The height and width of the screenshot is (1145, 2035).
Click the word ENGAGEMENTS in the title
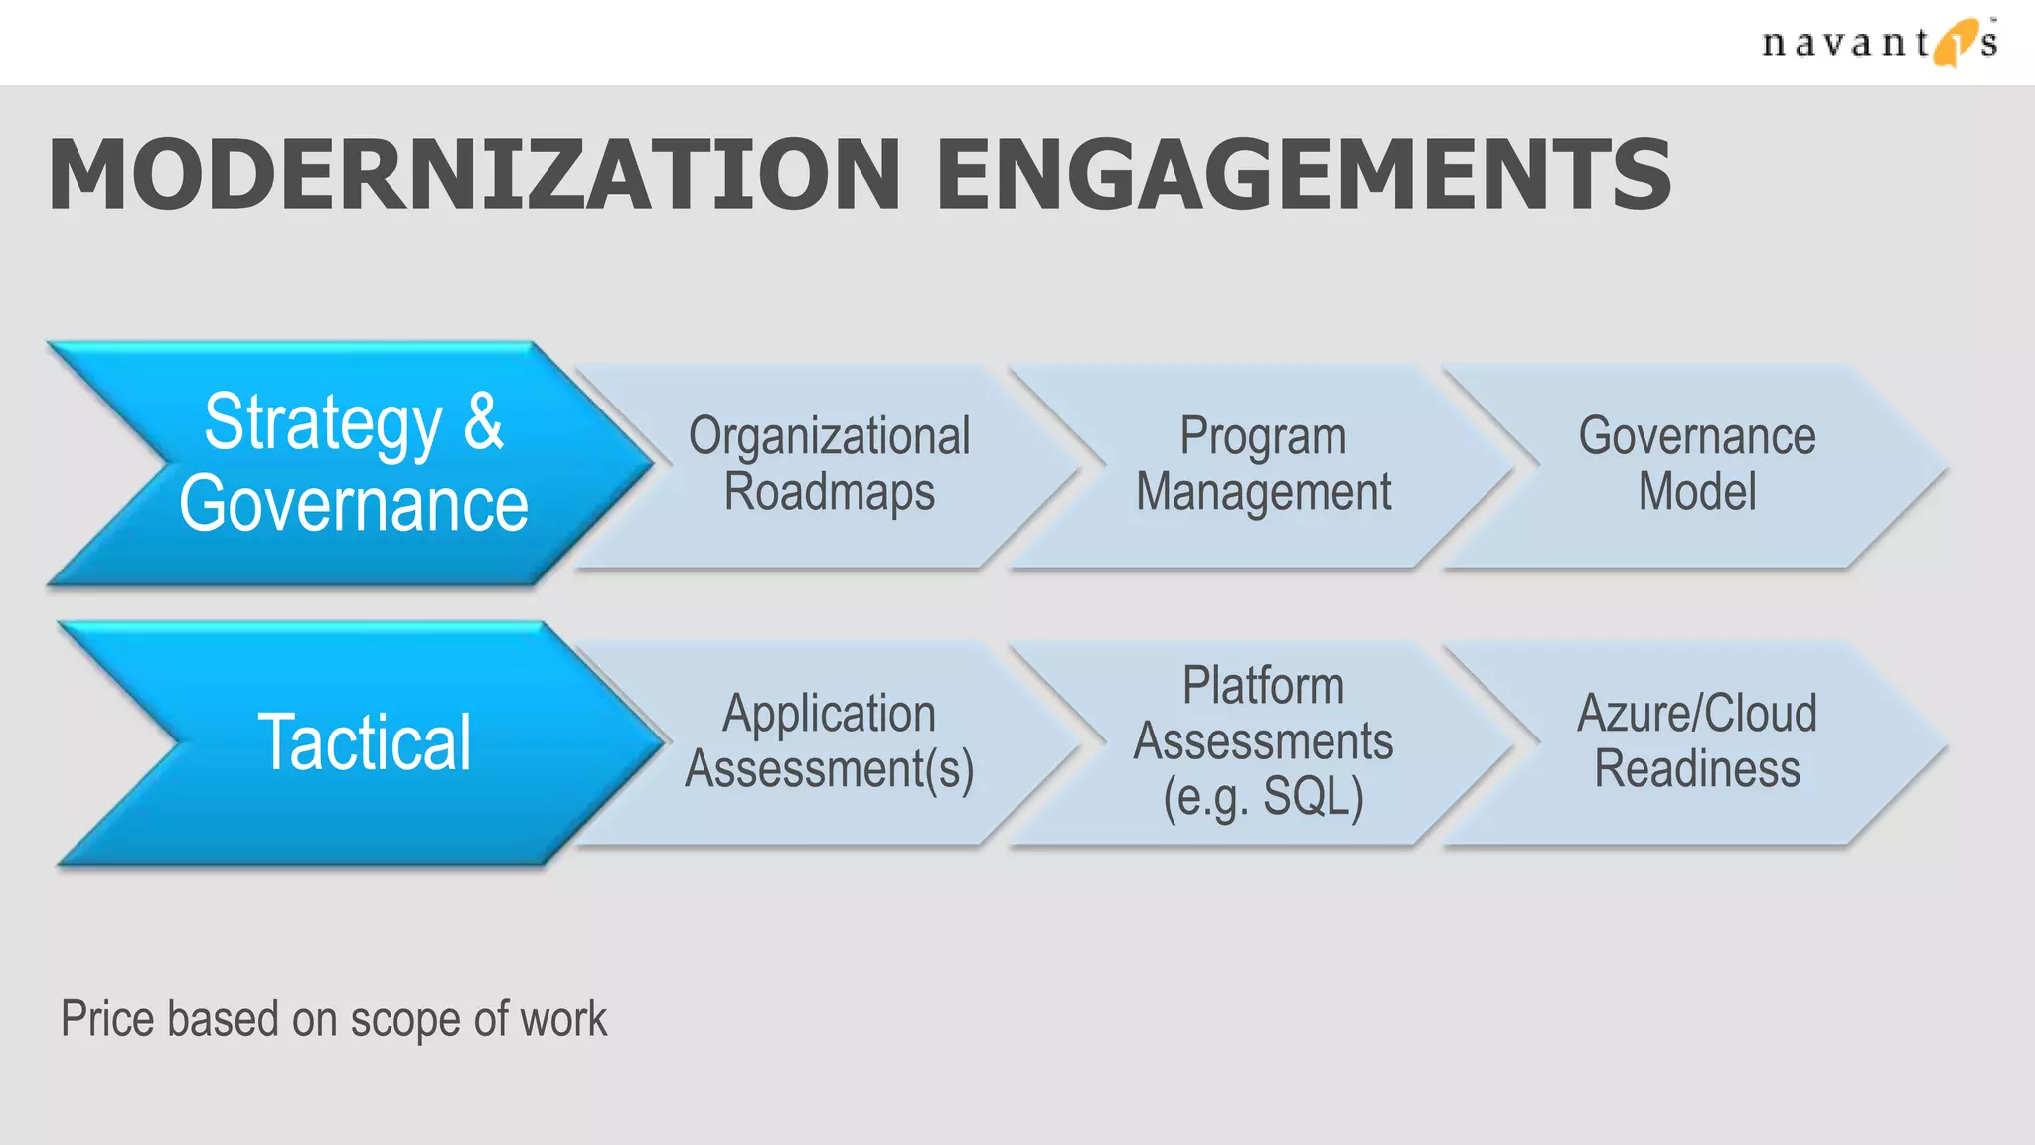point(1303,176)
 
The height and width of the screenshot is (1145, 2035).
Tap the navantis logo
point(1877,42)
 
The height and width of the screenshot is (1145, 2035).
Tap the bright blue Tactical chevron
point(364,742)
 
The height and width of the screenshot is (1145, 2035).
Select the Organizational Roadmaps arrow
point(829,464)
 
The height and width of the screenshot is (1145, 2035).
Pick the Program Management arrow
point(1262,464)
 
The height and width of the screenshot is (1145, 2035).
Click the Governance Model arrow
point(1696,464)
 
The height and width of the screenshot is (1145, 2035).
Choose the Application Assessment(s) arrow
point(829,741)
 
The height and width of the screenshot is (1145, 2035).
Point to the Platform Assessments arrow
point(1262,741)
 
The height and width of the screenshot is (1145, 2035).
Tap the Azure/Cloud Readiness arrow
point(1696,741)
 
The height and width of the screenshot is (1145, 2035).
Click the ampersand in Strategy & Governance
point(483,422)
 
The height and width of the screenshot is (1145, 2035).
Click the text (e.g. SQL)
point(1263,797)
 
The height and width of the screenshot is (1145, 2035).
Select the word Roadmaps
point(829,492)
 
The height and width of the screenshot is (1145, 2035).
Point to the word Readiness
point(1696,769)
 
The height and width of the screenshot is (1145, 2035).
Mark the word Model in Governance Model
point(1696,492)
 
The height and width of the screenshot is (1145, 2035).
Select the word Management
point(1262,492)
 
